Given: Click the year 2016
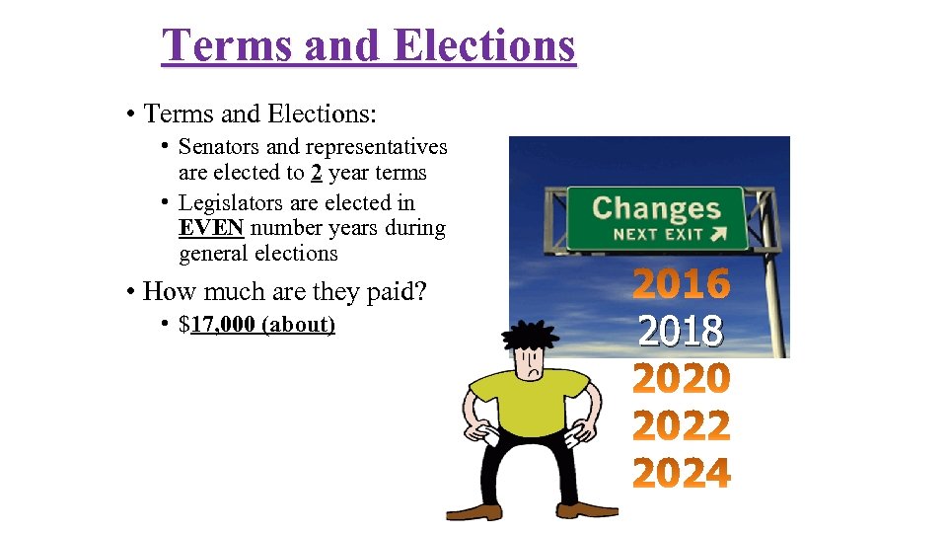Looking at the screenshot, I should [x=682, y=284].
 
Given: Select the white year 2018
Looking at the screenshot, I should [x=681, y=332].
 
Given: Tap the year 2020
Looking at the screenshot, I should [x=682, y=379].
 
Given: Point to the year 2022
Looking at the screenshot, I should [x=682, y=426].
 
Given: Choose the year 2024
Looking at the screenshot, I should [x=682, y=474].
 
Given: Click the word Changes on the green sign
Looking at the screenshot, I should [x=656, y=208].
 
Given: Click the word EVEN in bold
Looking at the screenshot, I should [x=211, y=228].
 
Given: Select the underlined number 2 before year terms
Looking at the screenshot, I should [x=317, y=173].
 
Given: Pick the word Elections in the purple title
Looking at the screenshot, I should [x=483, y=44].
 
